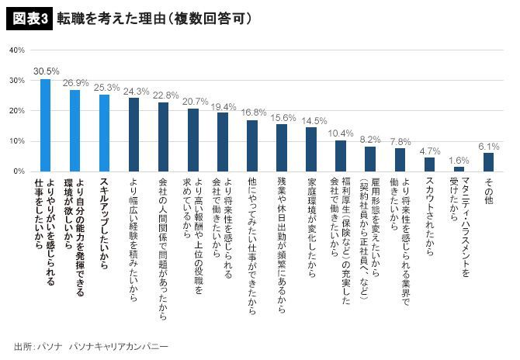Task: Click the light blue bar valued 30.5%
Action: (x=46, y=125)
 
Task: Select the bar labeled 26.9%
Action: (x=75, y=130)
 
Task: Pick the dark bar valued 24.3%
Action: (x=133, y=134)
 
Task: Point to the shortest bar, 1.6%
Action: (x=459, y=168)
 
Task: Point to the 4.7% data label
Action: (x=430, y=150)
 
